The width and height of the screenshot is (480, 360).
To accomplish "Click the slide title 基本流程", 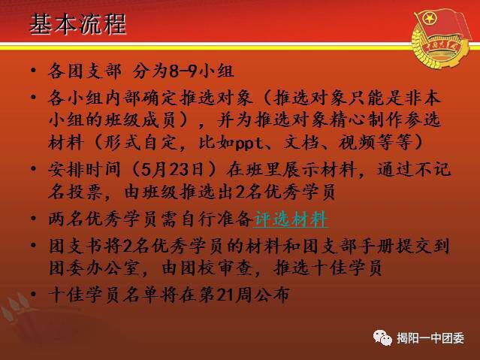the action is point(78,24).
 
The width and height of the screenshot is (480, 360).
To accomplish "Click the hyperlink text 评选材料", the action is point(291,219).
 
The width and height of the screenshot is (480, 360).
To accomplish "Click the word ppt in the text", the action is point(249,143).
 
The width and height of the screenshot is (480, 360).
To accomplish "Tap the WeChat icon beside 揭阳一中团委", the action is point(382,337).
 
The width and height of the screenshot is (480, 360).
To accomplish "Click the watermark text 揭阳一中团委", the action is point(430,338).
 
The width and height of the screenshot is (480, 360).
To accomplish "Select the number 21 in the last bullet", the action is point(226,295).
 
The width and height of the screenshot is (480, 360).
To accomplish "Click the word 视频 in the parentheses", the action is point(357,143).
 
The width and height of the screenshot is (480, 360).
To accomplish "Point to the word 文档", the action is point(301,143).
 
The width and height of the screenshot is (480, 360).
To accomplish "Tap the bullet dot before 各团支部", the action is point(33,70).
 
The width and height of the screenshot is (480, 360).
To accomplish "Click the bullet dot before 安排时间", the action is point(33,169).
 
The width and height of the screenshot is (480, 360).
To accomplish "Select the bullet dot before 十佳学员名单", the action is point(33,294).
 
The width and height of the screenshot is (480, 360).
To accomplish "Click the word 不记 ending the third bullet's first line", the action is point(432,169).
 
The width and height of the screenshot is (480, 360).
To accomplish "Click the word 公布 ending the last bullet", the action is point(271,295).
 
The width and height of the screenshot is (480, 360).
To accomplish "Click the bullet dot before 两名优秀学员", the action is point(33,219).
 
